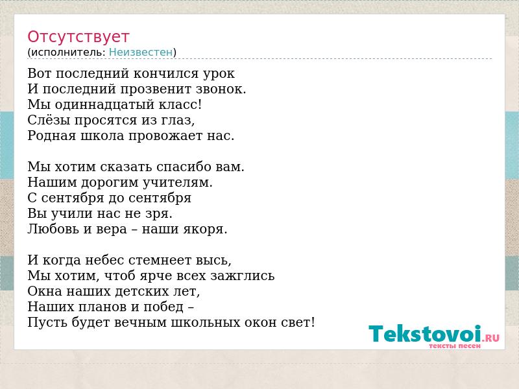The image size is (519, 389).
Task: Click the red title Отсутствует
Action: (78, 37)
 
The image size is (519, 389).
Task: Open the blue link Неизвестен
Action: (141, 53)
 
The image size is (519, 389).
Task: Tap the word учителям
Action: (177, 183)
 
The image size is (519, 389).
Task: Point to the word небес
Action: (104, 260)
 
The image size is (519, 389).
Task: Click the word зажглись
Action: (242, 276)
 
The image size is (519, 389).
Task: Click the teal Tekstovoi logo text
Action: (425, 333)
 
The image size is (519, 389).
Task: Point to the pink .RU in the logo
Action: (491, 338)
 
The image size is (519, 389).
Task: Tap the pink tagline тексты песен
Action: (455, 346)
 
